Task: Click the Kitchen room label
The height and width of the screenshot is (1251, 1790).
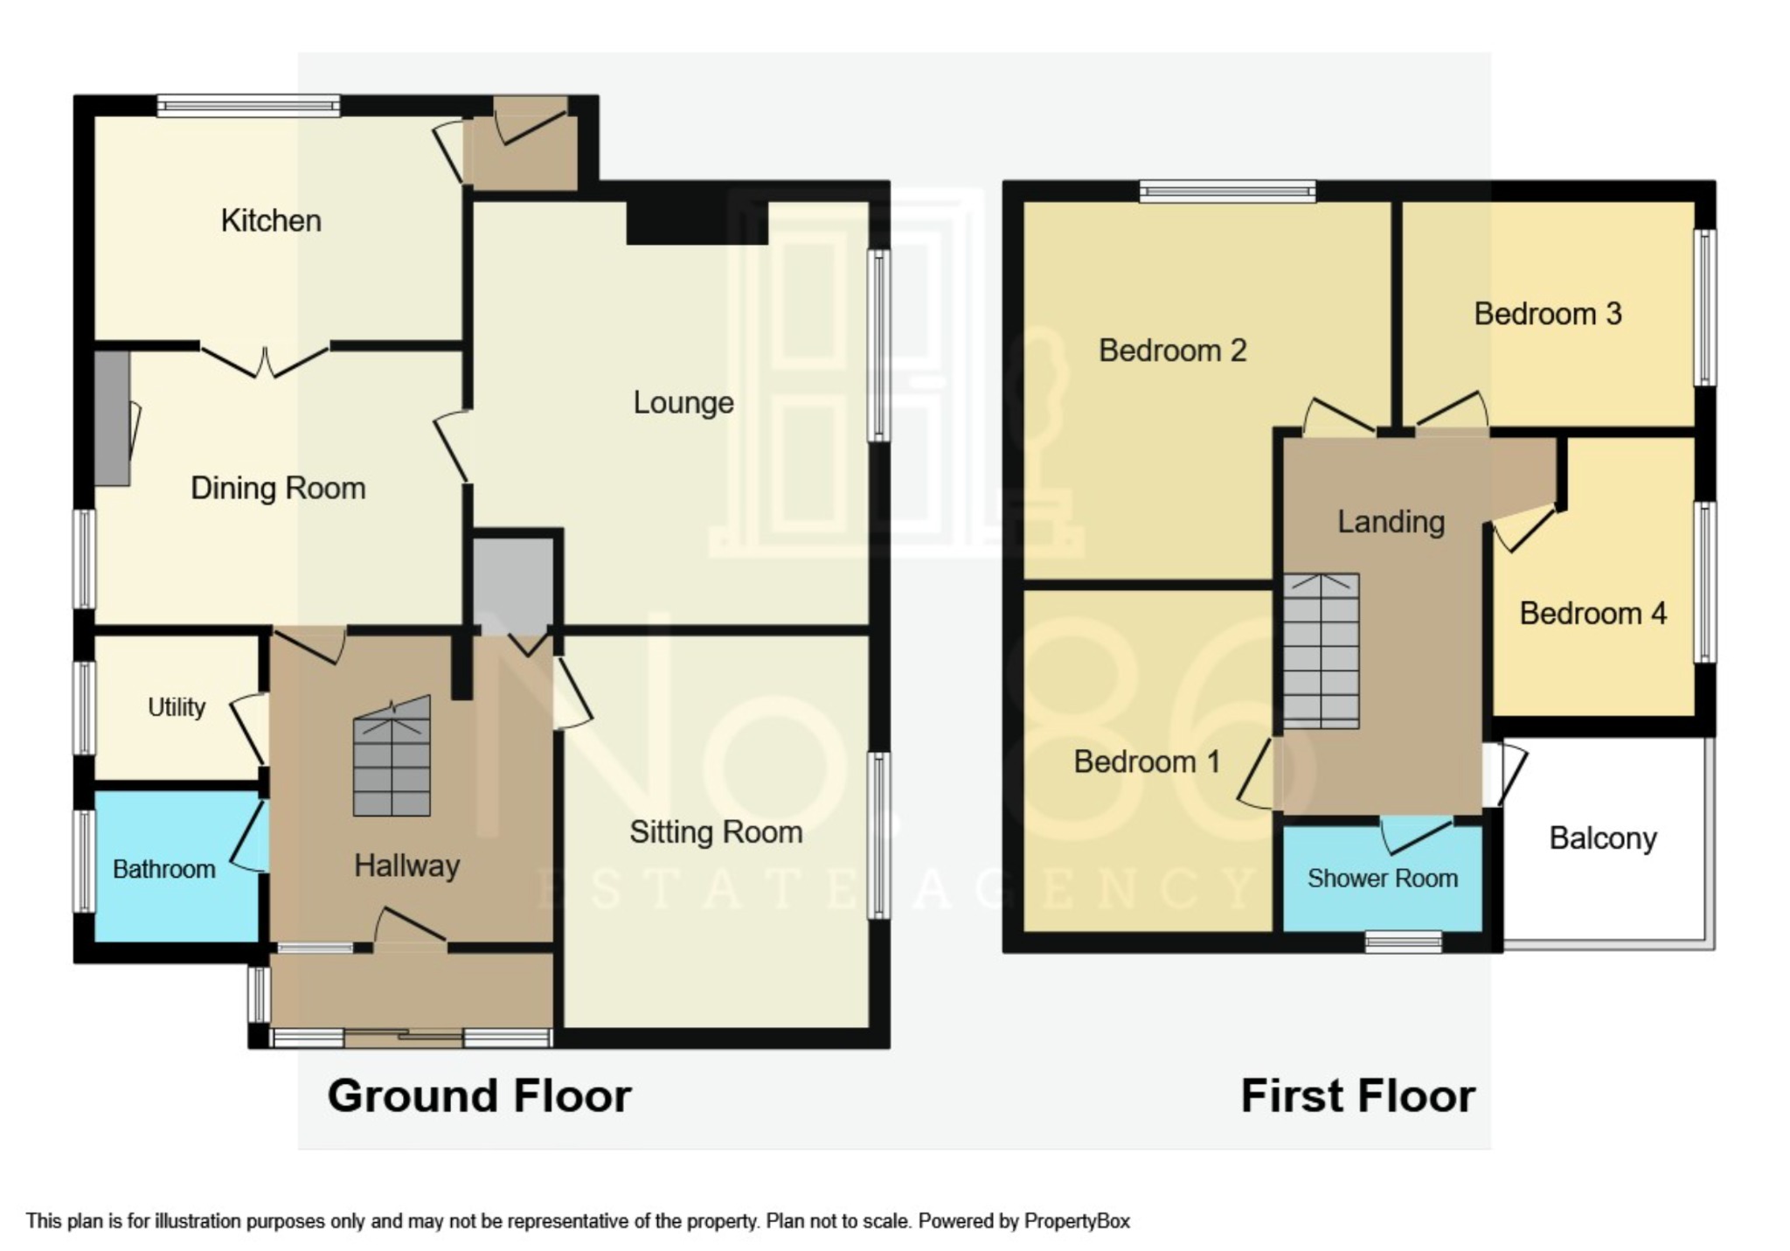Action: coord(271,220)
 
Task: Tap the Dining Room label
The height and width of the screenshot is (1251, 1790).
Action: coord(278,488)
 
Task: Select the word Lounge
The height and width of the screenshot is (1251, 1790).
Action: coord(683,403)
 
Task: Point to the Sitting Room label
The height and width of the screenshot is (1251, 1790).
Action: coord(716,832)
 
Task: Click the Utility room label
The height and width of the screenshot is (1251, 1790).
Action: coord(177,707)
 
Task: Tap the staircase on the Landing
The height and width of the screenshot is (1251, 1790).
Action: coord(1321,651)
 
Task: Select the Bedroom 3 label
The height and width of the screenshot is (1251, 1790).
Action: coord(1547,314)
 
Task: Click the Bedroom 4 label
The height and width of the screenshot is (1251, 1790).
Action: coord(1592,614)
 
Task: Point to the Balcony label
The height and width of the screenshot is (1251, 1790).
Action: coord(1602,839)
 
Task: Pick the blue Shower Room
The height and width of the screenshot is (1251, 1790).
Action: coord(1382,879)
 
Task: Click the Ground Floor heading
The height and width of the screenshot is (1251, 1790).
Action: coord(479,1096)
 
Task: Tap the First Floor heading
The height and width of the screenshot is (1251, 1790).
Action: coord(1357,1096)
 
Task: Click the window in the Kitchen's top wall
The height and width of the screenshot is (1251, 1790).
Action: coord(248,107)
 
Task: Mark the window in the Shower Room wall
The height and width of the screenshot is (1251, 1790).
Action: coord(1404,942)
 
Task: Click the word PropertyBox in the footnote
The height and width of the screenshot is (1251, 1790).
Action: coord(1077,1221)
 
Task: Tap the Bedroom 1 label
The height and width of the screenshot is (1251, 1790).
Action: coord(1146,762)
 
